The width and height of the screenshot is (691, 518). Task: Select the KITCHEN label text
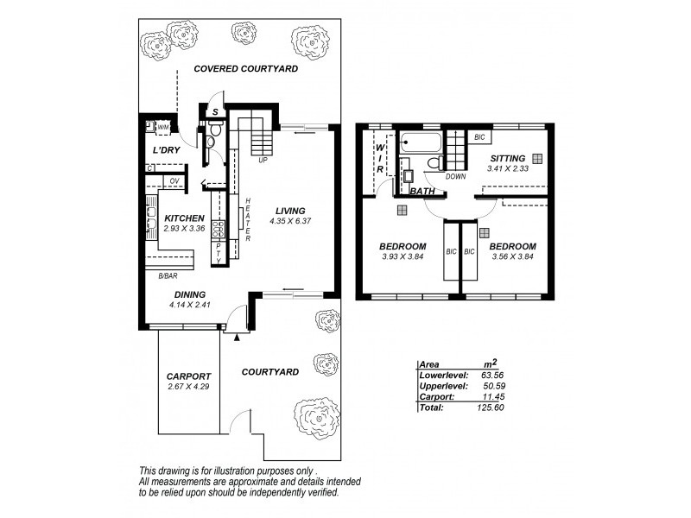[x=184, y=218]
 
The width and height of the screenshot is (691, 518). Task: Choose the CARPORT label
[x=187, y=376]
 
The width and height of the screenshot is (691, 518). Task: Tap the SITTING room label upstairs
[x=506, y=158]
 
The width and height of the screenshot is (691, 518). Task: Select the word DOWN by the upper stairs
[x=456, y=176]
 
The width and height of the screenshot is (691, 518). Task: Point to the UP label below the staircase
[x=263, y=160]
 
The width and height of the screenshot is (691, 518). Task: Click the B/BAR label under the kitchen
[x=168, y=275]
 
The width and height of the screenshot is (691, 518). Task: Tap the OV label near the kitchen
[x=174, y=180]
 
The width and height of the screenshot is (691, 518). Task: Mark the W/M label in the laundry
[x=163, y=128]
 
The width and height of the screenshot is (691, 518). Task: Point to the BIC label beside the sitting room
[x=479, y=137]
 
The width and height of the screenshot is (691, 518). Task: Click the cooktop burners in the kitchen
[x=219, y=228]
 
